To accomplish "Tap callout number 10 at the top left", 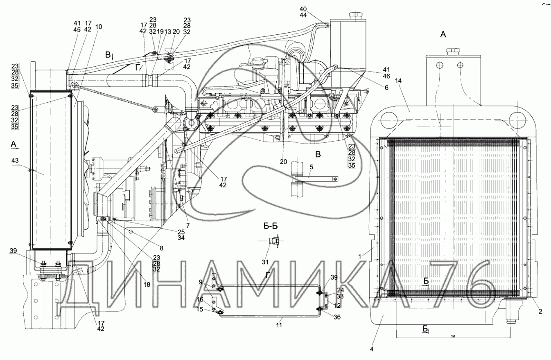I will click(x=99, y=27).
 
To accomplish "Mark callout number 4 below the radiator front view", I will click(x=372, y=349).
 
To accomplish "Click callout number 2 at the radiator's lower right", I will click(x=540, y=312).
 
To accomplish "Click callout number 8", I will click(x=161, y=248).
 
